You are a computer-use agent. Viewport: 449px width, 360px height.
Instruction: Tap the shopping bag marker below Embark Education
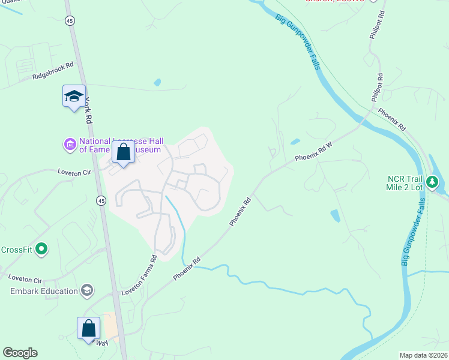point(88,328)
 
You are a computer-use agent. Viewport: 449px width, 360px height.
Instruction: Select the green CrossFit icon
point(41,248)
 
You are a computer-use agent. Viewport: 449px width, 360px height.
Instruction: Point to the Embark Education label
point(44,292)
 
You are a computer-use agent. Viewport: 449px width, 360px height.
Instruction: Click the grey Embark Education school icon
point(88,291)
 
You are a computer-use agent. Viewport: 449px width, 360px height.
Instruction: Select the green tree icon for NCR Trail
point(432,182)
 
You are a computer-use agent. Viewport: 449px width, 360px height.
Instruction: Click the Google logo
point(20,353)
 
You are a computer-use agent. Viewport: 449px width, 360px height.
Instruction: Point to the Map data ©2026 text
point(423,355)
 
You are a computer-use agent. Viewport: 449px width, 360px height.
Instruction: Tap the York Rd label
point(89,110)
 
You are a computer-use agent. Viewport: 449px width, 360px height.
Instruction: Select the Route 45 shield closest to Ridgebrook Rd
point(71,21)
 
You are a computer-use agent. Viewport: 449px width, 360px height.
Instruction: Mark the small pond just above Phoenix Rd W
point(295,142)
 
